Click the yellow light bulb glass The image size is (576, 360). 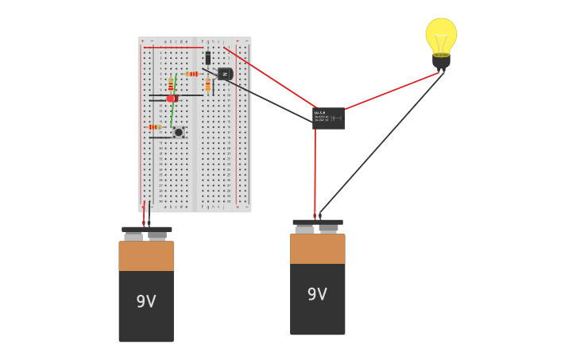[x=441, y=35]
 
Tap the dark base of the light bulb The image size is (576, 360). [x=441, y=60]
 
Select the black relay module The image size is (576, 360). [x=328, y=118]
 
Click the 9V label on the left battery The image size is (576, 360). [x=146, y=302]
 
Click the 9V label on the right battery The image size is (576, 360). [x=317, y=295]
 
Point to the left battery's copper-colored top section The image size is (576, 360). [x=146, y=256]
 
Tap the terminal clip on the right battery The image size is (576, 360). [x=318, y=226]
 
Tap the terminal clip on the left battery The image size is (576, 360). [x=146, y=233]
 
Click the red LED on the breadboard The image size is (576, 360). [x=172, y=99]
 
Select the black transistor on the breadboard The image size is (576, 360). [x=225, y=74]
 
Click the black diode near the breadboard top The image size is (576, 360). [x=208, y=58]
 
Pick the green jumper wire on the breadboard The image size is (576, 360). [x=172, y=111]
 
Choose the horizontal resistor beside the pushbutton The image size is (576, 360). [x=154, y=127]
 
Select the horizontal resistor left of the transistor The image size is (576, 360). [x=192, y=74]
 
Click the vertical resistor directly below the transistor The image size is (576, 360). [x=208, y=85]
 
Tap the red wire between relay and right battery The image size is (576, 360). [x=315, y=171]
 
